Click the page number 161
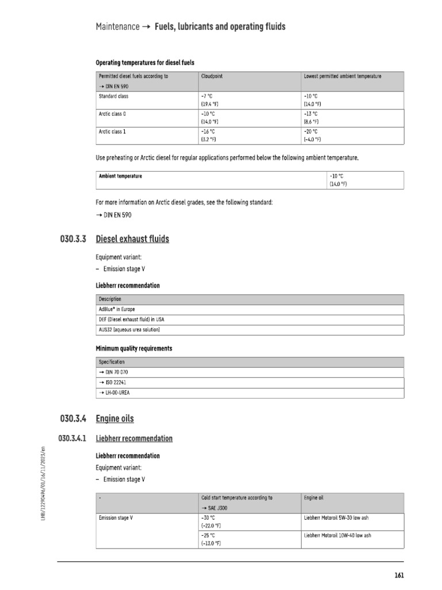click(x=399, y=575)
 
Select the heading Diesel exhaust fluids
click(x=132, y=239)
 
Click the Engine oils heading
click(x=115, y=418)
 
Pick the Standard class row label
click(x=114, y=96)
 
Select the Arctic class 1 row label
click(x=113, y=131)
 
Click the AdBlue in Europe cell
click(x=117, y=309)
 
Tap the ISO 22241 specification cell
click(x=113, y=383)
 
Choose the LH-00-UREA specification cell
click(x=116, y=392)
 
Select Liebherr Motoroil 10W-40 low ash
click(x=337, y=536)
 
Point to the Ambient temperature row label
click(x=120, y=176)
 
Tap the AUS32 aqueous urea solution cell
click(x=129, y=330)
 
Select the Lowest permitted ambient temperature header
click(x=342, y=76)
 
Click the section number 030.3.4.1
click(x=73, y=438)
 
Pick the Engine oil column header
click(x=314, y=497)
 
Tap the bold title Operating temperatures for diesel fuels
click(x=148, y=62)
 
